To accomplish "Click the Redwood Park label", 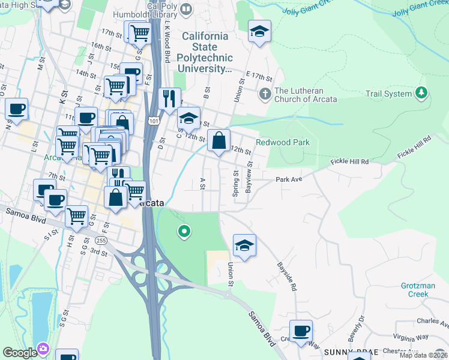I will tap(283, 142).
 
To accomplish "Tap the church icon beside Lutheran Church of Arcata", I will tap(264, 94).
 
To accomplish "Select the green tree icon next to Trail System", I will tap(422, 93).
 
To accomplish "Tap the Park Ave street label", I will tap(289, 179).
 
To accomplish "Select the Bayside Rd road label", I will tap(287, 276).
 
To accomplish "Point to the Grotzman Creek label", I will tap(418, 290).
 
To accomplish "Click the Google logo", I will tap(19, 352).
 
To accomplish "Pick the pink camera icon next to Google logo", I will tap(43, 349).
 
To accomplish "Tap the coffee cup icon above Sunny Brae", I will tap(301, 330).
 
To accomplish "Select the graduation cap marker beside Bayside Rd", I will tap(244, 245).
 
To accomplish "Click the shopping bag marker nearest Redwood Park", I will tap(219, 141).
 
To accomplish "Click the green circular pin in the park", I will tap(185, 231).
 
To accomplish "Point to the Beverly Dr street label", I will tap(357, 326).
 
